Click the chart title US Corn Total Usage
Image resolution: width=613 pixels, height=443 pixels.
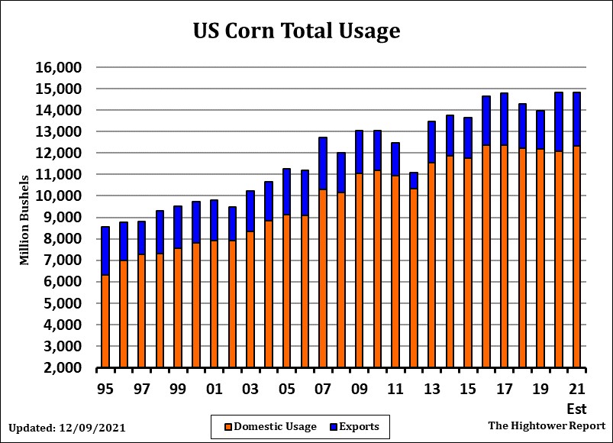pos(296,31)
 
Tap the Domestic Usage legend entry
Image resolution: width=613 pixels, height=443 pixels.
pos(269,426)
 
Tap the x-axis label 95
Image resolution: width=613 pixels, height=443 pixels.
pos(105,389)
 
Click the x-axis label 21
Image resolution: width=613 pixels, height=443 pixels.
pos(576,389)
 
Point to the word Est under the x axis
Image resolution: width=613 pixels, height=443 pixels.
pos(576,408)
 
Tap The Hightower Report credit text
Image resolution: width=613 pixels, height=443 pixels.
pos(547,425)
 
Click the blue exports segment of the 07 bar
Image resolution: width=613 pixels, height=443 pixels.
pos(323,163)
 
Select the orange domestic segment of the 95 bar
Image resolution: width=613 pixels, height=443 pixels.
pos(105,321)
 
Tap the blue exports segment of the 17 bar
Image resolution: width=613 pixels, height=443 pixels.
pos(504,119)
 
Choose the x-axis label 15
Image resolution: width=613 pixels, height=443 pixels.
pos(467,389)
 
